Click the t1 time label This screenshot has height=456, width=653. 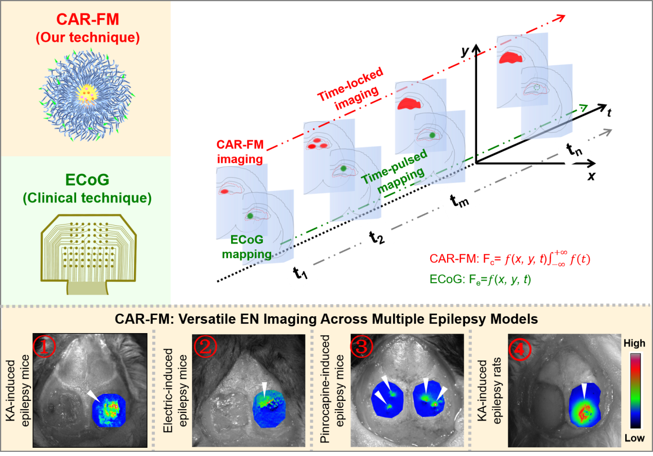tap(300, 273)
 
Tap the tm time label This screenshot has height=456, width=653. tap(460, 198)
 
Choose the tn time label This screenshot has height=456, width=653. tap(574, 149)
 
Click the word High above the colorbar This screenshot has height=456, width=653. tap(633, 343)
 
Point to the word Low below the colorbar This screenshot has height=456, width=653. tap(633, 438)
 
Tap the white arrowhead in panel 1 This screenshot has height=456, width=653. tap(93, 395)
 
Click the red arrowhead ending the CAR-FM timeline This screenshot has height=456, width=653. tap(559, 18)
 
